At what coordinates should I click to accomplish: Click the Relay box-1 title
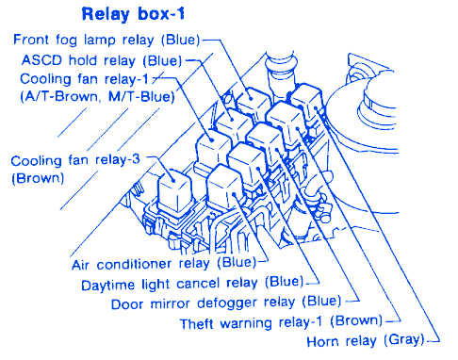coord(133,14)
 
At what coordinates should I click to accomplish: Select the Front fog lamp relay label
coord(106,40)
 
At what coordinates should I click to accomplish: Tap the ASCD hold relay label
coord(102,60)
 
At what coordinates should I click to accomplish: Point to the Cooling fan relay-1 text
coord(84,79)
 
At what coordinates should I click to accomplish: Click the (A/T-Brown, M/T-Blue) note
coord(97,96)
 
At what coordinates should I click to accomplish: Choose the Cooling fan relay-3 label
coord(75,160)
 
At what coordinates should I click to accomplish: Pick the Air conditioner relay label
coord(164,264)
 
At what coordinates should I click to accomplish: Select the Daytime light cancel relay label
coord(192,283)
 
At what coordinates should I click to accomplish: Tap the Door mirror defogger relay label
coord(226,303)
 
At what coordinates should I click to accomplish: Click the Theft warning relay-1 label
coord(281,322)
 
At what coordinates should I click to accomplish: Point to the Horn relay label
coord(366,341)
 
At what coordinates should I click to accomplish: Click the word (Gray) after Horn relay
coord(404,340)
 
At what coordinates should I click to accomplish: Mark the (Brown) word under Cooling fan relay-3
coord(38,178)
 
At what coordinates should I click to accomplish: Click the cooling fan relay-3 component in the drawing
coord(173,193)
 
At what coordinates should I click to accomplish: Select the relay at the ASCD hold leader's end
coord(233,125)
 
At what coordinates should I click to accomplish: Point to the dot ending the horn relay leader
coord(316,108)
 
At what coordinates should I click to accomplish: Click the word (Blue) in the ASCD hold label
coord(163,60)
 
